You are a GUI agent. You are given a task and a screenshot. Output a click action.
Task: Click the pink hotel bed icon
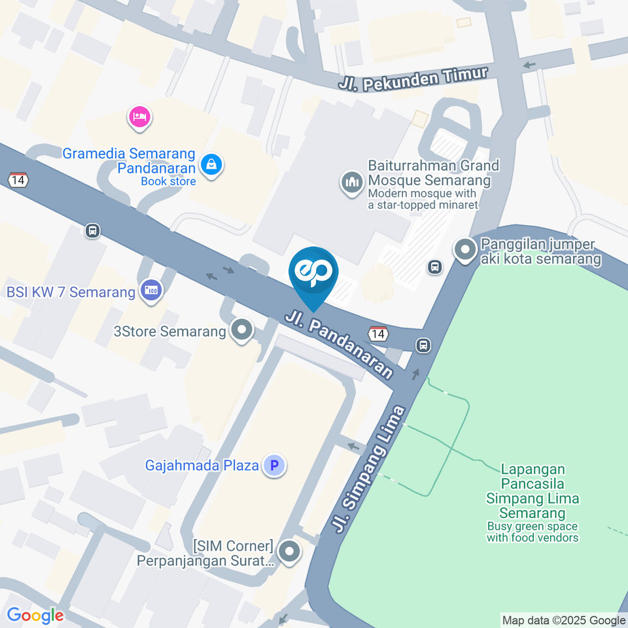[x=140, y=118]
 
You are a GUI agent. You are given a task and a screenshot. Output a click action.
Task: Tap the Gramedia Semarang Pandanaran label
[x=129, y=160]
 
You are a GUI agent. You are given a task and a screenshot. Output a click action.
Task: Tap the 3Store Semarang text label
[x=170, y=331]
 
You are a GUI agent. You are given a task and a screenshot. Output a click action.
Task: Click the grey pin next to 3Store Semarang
[x=242, y=330]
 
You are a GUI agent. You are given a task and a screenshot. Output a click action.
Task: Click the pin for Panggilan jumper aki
[x=465, y=249]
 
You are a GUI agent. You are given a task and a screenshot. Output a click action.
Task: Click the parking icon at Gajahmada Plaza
[x=274, y=466]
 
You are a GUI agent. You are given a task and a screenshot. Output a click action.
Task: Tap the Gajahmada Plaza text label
[x=201, y=466]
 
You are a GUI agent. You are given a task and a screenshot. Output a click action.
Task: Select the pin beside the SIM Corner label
[x=288, y=552]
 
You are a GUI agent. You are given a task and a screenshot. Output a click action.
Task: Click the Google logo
[x=35, y=616]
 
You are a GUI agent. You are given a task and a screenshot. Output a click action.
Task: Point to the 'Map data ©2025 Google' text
[x=564, y=620]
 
